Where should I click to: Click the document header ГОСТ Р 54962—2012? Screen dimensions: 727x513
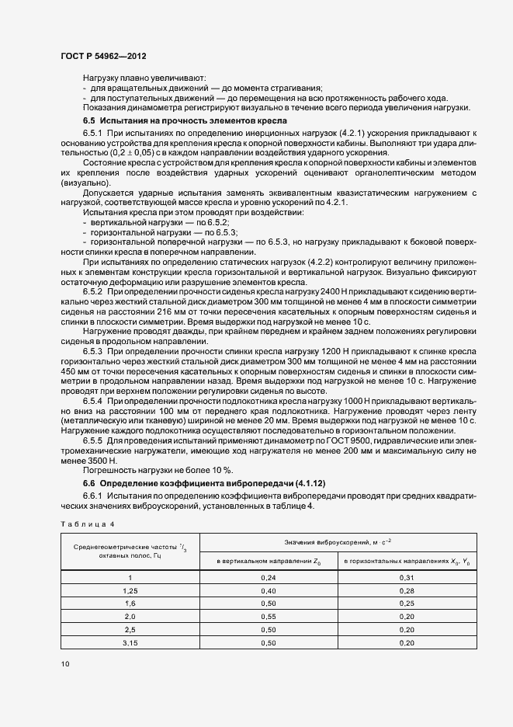click(x=102, y=55)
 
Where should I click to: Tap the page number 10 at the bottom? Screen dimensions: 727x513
click(x=65, y=663)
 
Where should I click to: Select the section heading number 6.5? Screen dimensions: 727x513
click(x=89, y=122)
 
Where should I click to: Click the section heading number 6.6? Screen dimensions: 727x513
click(x=89, y=483)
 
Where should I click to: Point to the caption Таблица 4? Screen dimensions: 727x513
click(x=88, y=524)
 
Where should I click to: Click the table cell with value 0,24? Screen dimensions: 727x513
click(x=269, y=577)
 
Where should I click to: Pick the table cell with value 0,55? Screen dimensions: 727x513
click(x=269, y=615)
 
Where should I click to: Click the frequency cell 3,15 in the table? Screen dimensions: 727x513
click(x=130, y=642)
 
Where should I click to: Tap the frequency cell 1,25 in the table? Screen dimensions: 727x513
click(x=130, y=590)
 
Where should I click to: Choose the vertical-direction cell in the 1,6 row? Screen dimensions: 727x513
click(x=269, y=603)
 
